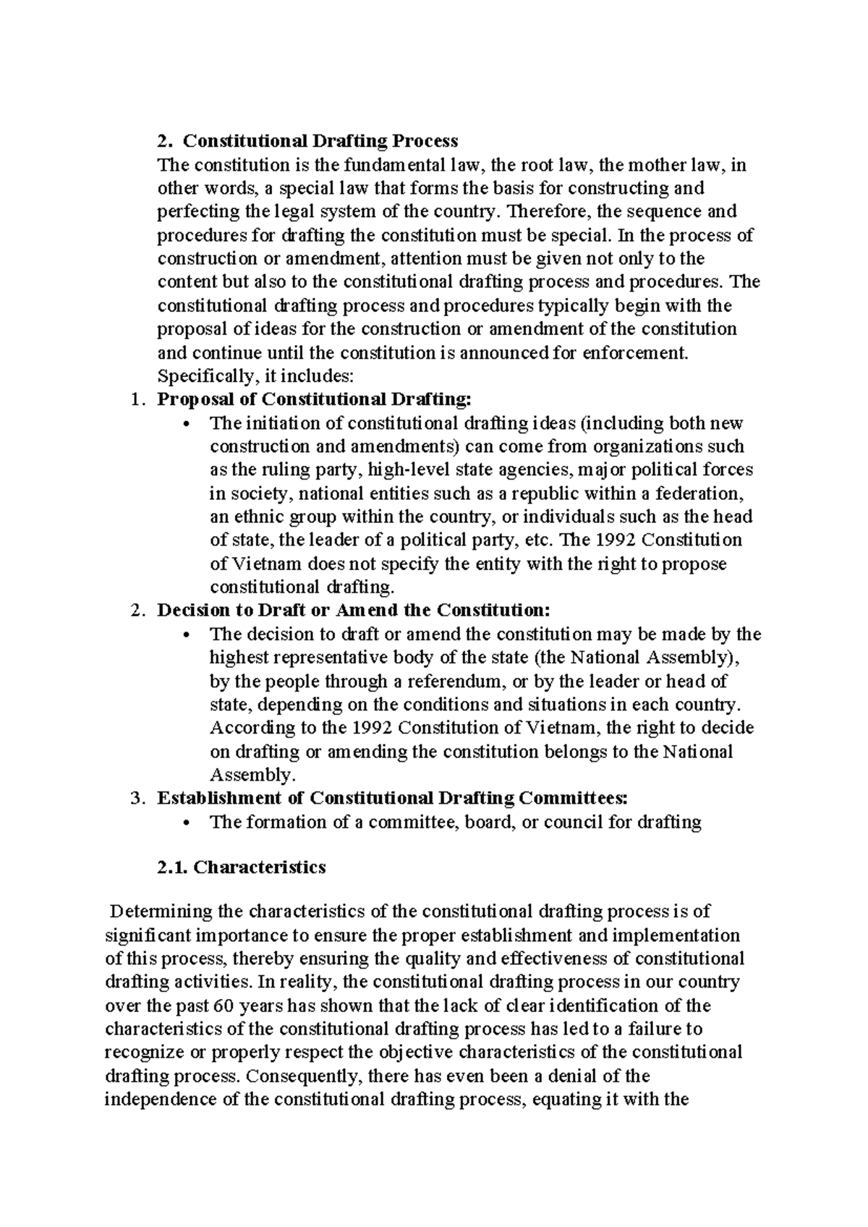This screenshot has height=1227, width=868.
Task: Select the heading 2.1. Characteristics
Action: tap(241, 867)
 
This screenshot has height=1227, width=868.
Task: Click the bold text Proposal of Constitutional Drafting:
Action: tap(313, 399)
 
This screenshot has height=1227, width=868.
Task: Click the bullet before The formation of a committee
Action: tap(187, 823)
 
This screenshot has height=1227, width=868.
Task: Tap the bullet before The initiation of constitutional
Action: tap(187, 423)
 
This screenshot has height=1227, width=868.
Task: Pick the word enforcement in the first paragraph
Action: tap(637, 352)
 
